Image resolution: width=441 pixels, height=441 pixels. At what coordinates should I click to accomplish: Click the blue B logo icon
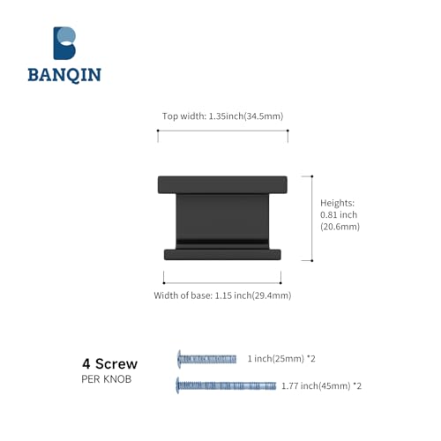tap(64, 43)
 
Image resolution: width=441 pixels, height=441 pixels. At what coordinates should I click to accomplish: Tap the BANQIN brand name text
tap(64, 75)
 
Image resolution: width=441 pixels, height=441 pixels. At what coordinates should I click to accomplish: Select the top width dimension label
tap(222, 116)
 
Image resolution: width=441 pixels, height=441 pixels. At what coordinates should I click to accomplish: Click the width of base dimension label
tap(222, 295)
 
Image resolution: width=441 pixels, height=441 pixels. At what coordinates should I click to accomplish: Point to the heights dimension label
tap(340, 214)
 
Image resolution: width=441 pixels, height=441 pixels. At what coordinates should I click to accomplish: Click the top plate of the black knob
tap(222, 185)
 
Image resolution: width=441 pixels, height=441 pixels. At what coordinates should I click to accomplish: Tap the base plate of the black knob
tap(222, 255)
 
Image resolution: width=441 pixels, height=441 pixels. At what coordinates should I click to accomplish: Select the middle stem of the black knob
tap(222, 221)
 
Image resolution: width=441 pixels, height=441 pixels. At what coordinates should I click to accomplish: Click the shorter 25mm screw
tap(206, 359)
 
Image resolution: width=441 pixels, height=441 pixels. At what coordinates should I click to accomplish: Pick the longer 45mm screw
tap(226, 385)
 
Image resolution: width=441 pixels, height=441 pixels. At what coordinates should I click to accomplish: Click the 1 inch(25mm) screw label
tap(281, 359)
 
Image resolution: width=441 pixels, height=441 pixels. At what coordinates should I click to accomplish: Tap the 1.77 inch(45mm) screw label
tap(321, 385)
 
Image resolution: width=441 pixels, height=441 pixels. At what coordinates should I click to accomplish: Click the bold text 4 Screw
tap(109, 363)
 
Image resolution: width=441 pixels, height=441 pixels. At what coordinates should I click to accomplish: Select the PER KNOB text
tap(107, 379)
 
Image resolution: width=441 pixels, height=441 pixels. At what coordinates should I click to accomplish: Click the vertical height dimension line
tap(312, 219)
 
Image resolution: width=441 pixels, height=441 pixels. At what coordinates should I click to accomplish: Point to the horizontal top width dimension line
tap(223, 131)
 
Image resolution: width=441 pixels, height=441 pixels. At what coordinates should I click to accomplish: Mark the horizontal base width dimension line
tap(222, 283)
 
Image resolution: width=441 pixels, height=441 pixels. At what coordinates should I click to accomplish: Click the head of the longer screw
tap(177, 385)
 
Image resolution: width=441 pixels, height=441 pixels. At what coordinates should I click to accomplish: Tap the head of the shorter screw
tap(179, 359)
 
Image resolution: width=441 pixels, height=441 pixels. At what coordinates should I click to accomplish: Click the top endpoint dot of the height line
tap(312, 176)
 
